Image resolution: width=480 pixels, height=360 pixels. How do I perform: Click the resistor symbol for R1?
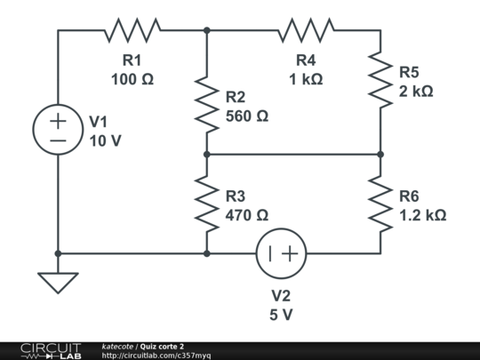point(132,30)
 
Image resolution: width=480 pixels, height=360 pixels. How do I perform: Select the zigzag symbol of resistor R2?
point(206,104)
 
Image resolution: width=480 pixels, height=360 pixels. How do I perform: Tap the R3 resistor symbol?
point(206,204)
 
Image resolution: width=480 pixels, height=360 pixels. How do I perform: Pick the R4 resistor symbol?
point(306,30)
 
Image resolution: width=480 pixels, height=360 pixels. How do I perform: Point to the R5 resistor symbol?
point(380,80)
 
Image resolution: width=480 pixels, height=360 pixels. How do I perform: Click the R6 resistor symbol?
point(380,204)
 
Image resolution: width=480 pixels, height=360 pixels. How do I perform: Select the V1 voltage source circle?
point(58,130)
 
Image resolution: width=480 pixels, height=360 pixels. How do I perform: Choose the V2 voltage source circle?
point(281,253)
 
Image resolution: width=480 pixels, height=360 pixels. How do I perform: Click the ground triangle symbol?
point(58,283)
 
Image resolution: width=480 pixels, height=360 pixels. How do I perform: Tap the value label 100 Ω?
point(132,79)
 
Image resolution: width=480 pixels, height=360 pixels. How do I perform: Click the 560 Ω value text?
point(247,116)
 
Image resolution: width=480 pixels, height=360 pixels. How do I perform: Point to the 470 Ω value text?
point(247,215)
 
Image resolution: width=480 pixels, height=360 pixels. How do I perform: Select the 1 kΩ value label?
point(305,79)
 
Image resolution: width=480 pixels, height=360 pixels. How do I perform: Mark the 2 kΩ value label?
point(416,91)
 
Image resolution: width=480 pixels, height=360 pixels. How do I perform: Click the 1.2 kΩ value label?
point(422,215)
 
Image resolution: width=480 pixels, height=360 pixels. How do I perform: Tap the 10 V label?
point(106,140)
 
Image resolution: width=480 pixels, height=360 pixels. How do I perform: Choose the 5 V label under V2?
point(281,315)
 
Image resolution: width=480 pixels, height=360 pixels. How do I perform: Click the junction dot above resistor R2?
point(206,30)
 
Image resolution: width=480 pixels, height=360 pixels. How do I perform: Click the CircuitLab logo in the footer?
point(50,350)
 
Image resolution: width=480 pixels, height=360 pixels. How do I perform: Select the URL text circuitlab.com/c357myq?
point(156,356)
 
